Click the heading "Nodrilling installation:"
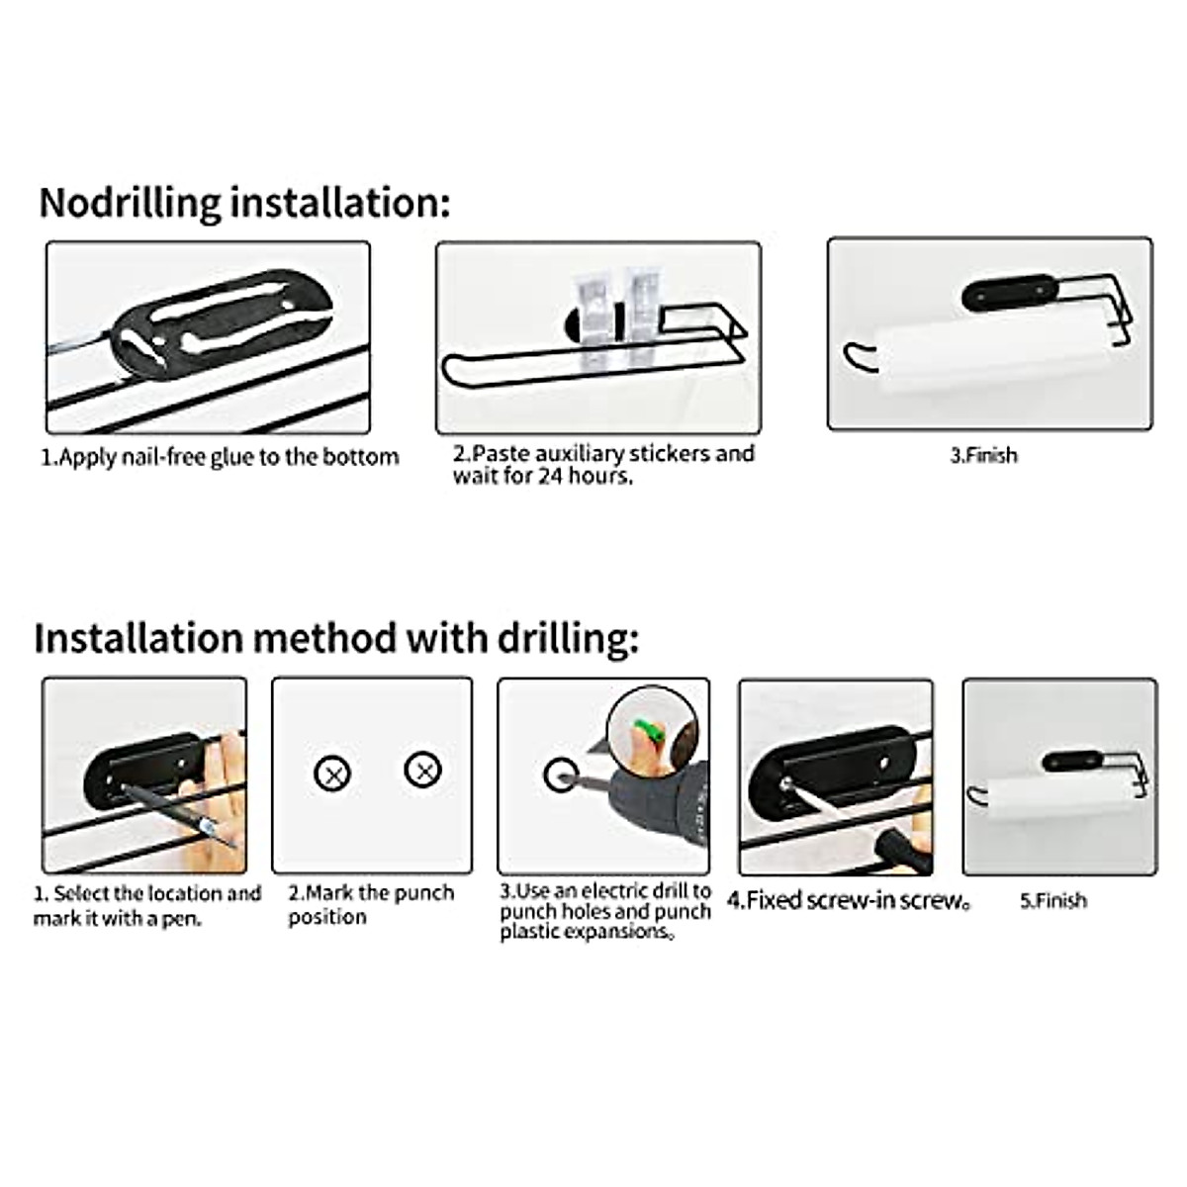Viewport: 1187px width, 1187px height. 243,203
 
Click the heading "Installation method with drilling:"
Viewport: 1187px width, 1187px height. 336,638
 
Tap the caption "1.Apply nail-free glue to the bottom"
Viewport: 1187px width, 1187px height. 219,457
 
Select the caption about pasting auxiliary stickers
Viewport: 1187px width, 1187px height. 603,465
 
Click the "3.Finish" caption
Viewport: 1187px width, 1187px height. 983,456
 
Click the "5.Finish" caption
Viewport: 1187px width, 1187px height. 1052,901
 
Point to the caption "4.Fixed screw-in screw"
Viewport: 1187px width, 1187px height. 848,901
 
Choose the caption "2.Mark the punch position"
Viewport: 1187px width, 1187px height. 370,905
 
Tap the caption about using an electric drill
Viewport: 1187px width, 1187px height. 604,911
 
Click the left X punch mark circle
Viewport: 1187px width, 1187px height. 332,773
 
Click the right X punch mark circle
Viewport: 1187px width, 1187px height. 423,769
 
